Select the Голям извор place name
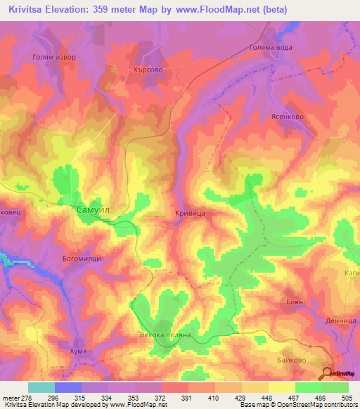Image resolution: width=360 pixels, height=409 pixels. click(x=53, y=57)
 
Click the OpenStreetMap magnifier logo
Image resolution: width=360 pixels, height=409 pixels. click(x=329, y=374)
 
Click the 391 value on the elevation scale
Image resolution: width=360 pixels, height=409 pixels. click(x=186, y=397)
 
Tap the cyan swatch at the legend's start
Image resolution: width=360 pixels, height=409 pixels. click(x=41, y=387)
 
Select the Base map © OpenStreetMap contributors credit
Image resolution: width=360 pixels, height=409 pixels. click(x=297, y=405)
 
